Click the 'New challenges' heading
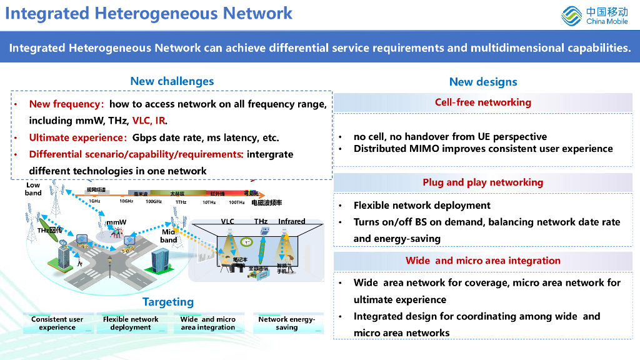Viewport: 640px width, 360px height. [172, 81]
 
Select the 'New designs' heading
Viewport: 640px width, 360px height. [483, 82]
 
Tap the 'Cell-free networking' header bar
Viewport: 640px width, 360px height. [483, 102]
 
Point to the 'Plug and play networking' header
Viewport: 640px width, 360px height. [483, 182]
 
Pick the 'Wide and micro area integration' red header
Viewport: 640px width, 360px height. [483, 261]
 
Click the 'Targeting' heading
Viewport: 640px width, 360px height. [168, 302]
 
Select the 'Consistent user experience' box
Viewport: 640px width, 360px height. [57, 323]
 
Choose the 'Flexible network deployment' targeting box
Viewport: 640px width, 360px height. [131, 323]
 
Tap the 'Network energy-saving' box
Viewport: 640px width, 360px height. [287, 323]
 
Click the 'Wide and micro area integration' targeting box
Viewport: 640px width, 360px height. [208, 323]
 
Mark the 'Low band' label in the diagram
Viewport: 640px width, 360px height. [33, 189]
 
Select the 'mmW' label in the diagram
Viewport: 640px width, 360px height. [116, 222]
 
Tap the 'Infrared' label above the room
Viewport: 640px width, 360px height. [292, 221]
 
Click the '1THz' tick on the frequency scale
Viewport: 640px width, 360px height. [181, 202]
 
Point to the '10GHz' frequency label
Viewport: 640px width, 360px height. [126, 201]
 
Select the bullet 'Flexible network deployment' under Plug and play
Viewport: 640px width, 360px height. [422, 206]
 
